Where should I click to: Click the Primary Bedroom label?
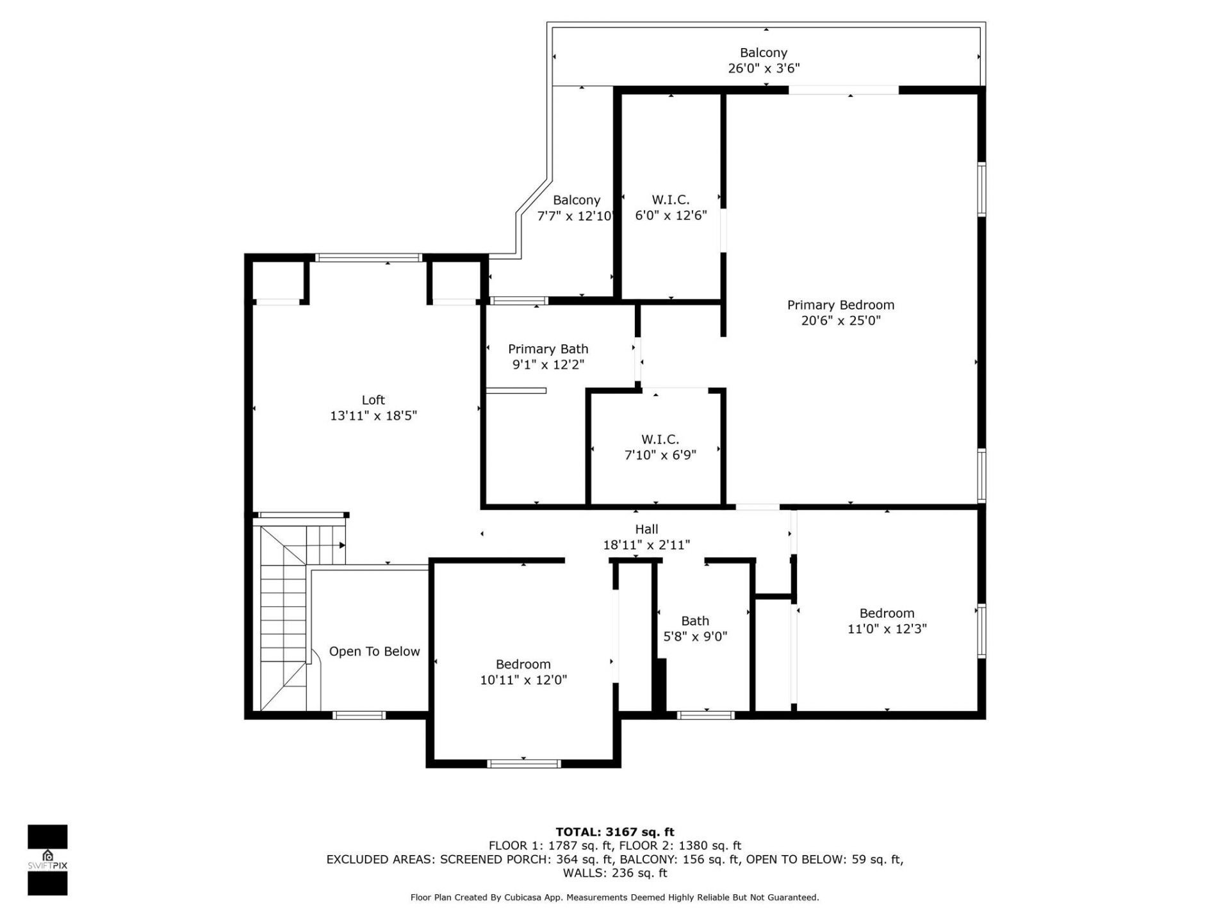tap(840, 305)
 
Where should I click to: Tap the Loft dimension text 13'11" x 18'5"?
tap(373, 416)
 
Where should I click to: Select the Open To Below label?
tap(374, 651)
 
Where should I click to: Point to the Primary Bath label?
tap(548, 349)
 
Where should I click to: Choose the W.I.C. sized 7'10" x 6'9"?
tap(660, 447)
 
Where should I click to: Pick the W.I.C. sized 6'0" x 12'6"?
tap(671, 208)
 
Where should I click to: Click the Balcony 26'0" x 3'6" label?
tap(764, 60)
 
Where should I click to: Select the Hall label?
tap(646, 529)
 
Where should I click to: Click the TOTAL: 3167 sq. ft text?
tap(614, 832)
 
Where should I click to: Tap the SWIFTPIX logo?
tap(47, 860)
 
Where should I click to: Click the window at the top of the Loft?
tap(368, 258)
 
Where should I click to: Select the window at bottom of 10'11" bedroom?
tap(524, 763)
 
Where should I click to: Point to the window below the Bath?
tap(705, 715)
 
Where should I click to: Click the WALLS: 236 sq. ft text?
tap(614, 873)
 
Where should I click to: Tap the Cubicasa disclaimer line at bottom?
tap(614, 897)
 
